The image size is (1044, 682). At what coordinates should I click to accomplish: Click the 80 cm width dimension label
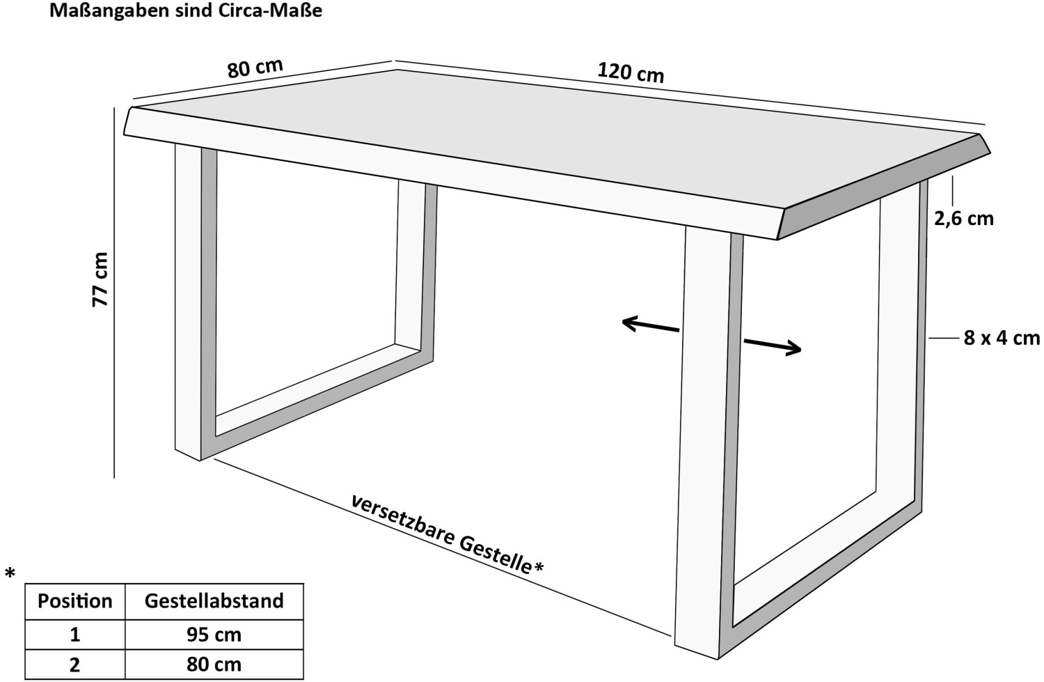coord(255,68)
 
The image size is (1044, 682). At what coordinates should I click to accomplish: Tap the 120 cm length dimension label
coord(631,72)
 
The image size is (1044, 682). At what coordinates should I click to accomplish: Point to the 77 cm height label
coord(100,279)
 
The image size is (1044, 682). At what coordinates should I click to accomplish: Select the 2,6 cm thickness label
coord(964,218)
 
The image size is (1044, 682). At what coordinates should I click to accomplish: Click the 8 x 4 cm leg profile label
coord(1002,338)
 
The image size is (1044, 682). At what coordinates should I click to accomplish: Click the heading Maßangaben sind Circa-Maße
coord(186,10)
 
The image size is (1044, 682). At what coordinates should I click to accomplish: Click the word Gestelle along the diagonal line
coord(495,555)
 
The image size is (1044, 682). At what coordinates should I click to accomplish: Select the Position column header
coord(74,601)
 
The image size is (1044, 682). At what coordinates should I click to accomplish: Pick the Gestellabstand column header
coord(214,600)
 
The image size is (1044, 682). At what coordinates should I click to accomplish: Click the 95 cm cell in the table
coord(214,635)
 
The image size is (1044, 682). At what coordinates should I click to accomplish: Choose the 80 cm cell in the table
coord(214,665)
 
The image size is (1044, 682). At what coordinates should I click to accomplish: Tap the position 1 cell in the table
coord(74,635)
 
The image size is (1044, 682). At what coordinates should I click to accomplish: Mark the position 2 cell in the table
coord(74,665)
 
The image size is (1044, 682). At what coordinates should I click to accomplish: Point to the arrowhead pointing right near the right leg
coord(793,348)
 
